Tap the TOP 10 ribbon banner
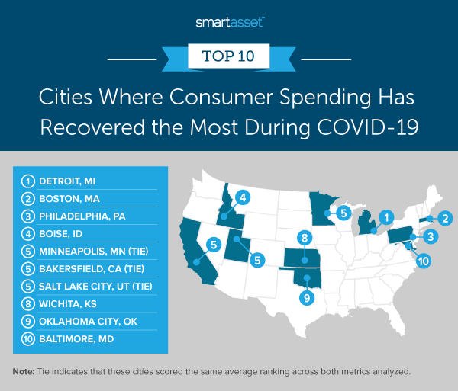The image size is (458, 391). click(228, 55)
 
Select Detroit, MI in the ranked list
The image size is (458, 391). click(69, 181)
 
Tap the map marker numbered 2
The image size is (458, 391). click(445, 220)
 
